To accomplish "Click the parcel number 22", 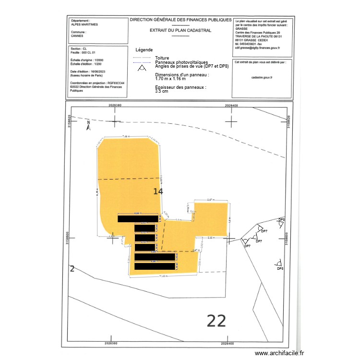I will click(216, 320).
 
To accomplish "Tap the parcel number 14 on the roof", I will click(158, 192).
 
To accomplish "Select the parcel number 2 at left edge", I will click(72, 268).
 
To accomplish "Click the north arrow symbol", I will click(88, 126).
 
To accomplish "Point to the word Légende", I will click(144, 50).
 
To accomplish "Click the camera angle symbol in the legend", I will click(141, 67).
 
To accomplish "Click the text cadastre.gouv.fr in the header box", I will click(262, 77).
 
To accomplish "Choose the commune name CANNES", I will click(76, 36).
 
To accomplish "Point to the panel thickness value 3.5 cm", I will click(162, 91).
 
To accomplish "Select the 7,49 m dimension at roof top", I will click(126, 136).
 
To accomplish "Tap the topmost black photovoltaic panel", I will click(138, 219).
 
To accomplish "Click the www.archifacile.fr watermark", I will click(279, 353).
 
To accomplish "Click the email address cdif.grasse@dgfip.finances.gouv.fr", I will click(257, 48).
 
